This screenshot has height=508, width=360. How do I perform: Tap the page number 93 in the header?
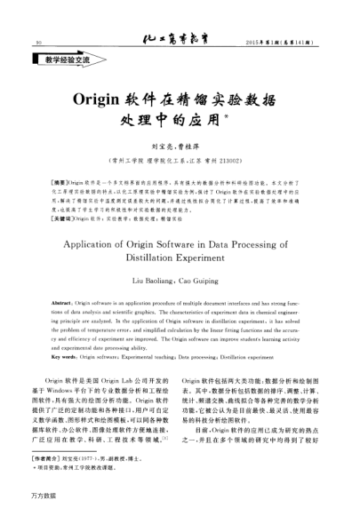[x=38, y=43]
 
